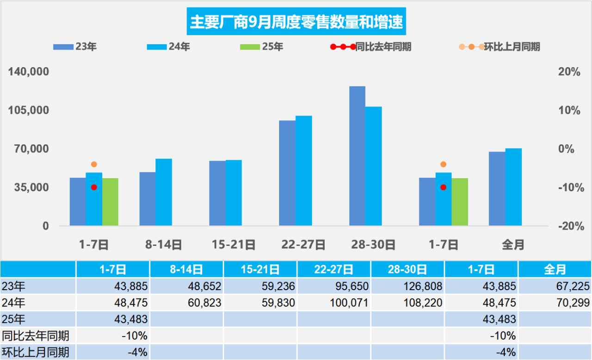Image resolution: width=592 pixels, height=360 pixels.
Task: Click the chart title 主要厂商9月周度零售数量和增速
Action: [296, 22]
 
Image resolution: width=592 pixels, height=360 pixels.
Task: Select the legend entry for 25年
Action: [262, 46]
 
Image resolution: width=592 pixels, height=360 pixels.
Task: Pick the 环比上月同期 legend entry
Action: [499, 46]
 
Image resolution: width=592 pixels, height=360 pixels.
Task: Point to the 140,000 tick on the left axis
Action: [29, 72]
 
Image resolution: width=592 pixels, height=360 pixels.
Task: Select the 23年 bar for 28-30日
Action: [357, 156]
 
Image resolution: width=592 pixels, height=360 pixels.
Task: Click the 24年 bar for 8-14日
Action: [164, 192]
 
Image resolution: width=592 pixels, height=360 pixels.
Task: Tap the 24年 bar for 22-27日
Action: [304, 171]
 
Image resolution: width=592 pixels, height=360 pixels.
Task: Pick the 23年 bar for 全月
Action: [497, 189]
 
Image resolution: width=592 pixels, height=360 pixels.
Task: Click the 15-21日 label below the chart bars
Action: [234, 244]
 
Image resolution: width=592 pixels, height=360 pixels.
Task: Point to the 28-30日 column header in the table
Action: [407, 269]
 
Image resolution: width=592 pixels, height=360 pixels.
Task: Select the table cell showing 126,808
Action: [407, 286]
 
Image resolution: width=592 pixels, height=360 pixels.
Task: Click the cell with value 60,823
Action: [186, 303]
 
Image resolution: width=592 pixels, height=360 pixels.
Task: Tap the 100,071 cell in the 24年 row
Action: [334, 303]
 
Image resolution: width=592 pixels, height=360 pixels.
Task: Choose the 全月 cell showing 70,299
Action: [555, 303]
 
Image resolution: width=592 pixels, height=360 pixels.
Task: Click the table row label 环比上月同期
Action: [36, 352]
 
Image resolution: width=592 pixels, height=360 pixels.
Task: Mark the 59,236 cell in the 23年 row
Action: [260, 286]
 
